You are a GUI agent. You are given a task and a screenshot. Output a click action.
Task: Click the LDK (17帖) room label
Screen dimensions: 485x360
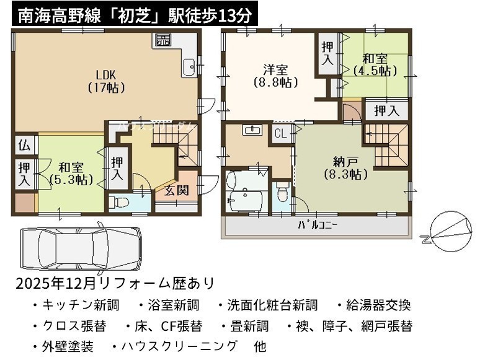click(x=106, y=82)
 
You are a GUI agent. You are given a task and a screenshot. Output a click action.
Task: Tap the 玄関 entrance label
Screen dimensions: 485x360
click(x=176, y=190)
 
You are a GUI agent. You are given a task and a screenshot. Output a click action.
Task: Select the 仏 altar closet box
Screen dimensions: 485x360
click(x=25, y=145)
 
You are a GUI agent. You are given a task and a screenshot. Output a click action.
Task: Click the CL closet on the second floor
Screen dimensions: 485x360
click(x=280, y=134)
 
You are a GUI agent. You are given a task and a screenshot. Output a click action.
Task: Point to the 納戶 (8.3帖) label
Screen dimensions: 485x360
click(x=346, y=169)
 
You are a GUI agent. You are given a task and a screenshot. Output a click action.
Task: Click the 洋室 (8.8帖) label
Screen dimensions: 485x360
click(x=275, y=76)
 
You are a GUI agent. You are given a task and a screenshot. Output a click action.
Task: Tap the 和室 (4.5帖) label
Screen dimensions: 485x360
click(x=375, y=65)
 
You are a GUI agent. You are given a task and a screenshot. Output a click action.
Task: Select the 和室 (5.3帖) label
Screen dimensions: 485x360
click(x=71, y=173)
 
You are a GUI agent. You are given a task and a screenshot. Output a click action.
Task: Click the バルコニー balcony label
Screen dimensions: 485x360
click(x=318, y=225)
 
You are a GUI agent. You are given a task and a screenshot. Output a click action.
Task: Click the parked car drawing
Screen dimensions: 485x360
click(x=81, y=247)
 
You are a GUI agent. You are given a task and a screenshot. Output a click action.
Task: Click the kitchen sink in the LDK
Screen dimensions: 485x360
click(x=189, y=67)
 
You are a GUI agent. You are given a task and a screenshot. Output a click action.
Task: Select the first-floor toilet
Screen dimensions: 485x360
click(x=118, y=203)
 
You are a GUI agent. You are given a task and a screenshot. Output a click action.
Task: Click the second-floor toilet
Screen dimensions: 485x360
click(x=282, y=191)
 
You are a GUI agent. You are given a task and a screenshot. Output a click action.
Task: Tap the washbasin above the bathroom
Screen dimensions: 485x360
click(x=253, y=130)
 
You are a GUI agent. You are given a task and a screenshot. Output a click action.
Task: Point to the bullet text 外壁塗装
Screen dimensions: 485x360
click(x=68, y=346)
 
